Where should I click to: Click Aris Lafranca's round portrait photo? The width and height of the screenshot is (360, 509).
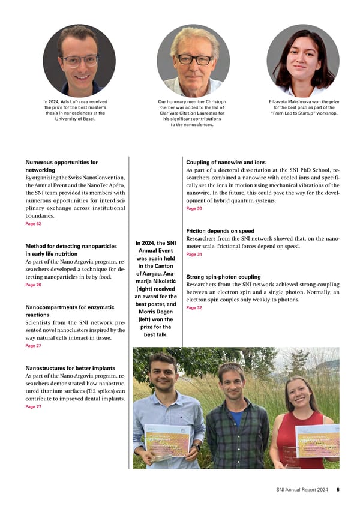point(79,61)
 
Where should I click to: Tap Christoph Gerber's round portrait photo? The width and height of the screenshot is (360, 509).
point(193,61)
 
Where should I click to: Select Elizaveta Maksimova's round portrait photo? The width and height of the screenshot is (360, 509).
point(303,61)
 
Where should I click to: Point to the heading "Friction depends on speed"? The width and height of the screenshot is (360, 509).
point(220,231)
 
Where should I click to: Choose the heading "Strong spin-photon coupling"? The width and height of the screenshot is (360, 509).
point(224,277)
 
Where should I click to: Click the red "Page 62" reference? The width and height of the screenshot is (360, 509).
point(34,224)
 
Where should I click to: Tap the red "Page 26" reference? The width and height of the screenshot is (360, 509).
point(34,285)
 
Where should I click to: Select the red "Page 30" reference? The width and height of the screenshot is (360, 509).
point(194,208)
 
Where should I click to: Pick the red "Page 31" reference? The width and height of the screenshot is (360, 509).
point(194,254)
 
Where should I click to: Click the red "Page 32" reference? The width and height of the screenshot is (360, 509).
point(194,307)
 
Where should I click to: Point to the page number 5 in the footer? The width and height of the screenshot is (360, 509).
point(338,489)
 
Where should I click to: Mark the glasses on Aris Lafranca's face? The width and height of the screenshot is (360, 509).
point(80,61)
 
